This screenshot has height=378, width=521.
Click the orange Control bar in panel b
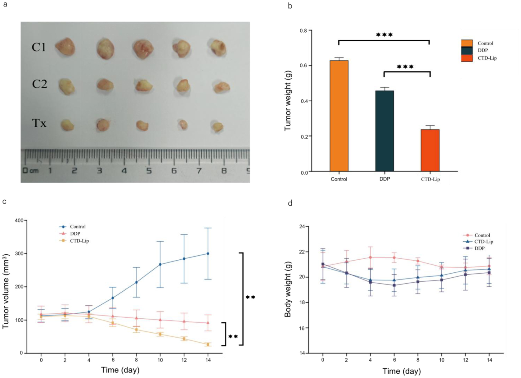click(x=339, y=116)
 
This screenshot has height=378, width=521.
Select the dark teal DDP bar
click(x=384, y=131)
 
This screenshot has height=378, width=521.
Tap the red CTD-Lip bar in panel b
click(x=430, y=150)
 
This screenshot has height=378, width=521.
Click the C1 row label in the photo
click(x=39, y=47)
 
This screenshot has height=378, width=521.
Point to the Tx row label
click(x=39, y=123)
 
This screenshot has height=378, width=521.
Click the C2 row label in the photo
click(x=40, y=84)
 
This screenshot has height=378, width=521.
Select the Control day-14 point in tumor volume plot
click(x=208, y=253)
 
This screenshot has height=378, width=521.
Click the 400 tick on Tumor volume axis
click(x=19, y=221)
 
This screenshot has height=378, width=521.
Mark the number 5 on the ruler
click(x=149, y=171)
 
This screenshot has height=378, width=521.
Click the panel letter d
click(x=290, y=203)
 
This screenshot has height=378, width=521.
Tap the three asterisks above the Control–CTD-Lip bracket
click(x=384, y=35)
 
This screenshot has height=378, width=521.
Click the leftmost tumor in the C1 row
click(x=65, y=47)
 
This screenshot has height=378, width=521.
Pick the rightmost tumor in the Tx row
click(x=218, y=126)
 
